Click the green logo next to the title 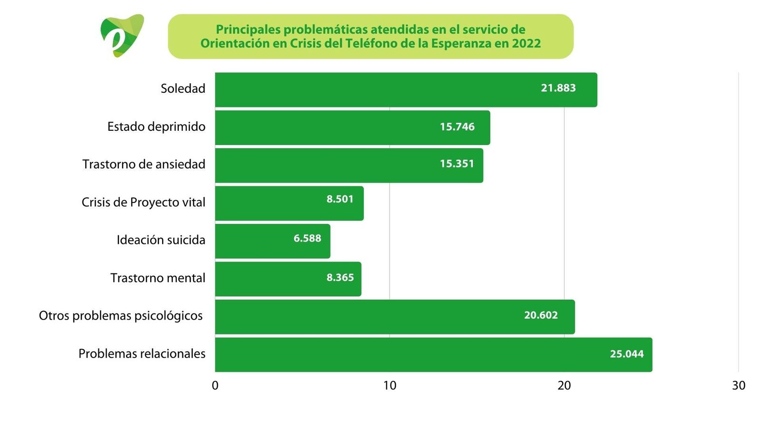(x=122, y=36)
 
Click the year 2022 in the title (x=527, y=44)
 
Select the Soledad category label (x=183, y=88)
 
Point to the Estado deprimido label (x=156, y=126)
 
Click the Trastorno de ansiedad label (x=144, y=164)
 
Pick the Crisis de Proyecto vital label (x=143, y=202)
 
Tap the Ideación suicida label (x=161, y=240)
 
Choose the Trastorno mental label (x=158, y=278)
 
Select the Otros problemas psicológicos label (x=121, y=316)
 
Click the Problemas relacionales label (x=142, y=354)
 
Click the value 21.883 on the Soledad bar (x=558, y=88)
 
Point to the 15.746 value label (x=457, y=126)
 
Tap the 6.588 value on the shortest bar (x=307, y=238)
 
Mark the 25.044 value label (x=627, y=354)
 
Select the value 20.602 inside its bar (x=541, y=315)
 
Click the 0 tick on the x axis (x=215, y=386)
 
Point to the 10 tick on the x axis (x=390, y=386)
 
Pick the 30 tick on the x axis (x=739, y=386)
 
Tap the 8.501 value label (x=340, y=199)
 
